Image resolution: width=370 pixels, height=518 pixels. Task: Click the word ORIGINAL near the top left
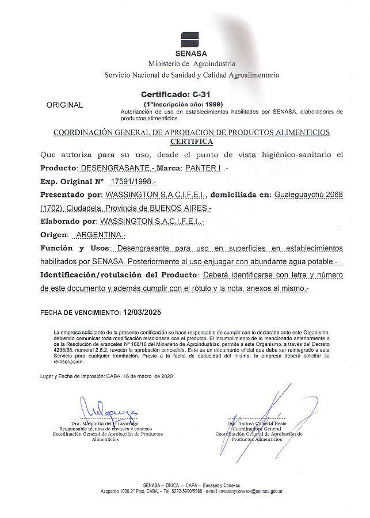pos(64,105)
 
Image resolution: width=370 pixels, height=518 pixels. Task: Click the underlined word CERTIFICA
pos(192,141)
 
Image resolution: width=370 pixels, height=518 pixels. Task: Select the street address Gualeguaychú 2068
pos(309,195)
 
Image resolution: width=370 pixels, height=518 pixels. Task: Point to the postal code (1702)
pos(52,208)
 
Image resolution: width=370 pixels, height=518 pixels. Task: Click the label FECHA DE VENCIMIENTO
pos(80,313)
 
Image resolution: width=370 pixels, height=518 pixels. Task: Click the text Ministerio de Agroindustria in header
pos(191,63)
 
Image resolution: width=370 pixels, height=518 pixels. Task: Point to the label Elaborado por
pos(68,221)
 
